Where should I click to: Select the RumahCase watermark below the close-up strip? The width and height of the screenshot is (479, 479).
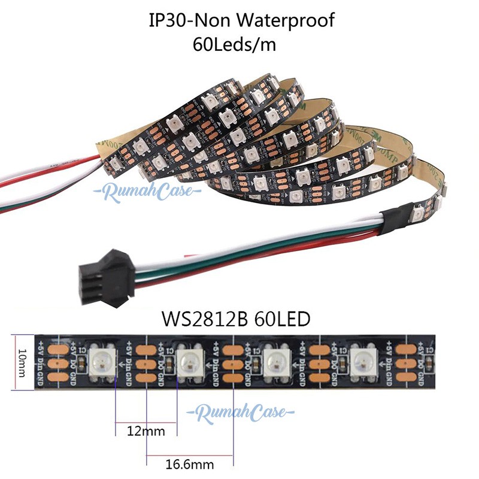point(239,413)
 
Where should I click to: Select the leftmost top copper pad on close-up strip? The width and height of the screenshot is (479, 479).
point(57,347)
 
